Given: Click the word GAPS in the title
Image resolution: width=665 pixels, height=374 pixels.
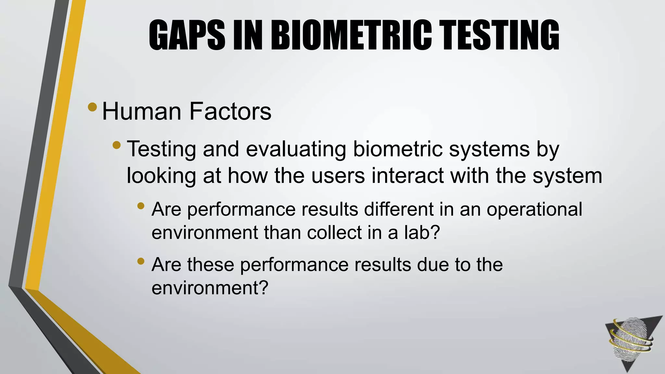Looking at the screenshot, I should [x=187, y=35].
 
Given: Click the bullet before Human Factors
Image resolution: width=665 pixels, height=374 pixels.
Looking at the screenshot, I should [x=92, y=107].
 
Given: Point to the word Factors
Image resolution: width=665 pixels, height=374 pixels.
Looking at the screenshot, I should [x=230, y=111].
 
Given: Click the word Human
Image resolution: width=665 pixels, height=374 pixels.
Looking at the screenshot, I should [x=142, y=111].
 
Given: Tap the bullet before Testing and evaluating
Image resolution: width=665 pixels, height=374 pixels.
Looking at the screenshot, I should [x=117, y=145].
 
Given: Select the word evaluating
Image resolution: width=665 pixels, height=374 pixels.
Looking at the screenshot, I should [x=295, y=149].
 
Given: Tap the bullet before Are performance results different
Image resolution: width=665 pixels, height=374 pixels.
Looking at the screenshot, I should [x=141, y=206].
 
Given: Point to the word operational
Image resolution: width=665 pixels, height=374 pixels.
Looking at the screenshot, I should [x=534, y=209].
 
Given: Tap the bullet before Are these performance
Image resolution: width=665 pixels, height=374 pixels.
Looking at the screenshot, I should [x=141, y=261].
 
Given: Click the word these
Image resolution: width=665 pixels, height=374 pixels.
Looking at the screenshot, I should [x=210, y=264].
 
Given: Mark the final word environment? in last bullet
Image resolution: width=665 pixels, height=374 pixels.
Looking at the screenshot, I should [x=210, y=288].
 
